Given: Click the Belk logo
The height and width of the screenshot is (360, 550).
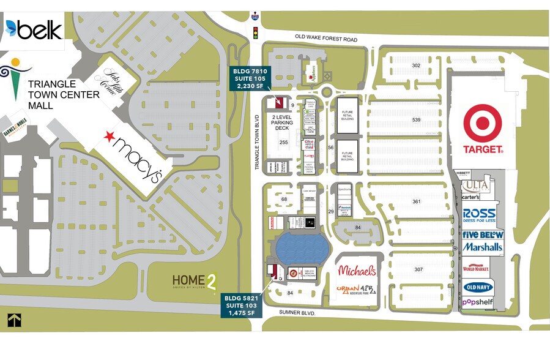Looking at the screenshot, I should (33, 29).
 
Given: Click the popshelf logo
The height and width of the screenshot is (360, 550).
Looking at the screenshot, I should (478, 302).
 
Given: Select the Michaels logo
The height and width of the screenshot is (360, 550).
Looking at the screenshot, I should (357, 270).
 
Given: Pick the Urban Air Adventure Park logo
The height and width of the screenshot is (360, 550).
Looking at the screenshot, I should (357, 290).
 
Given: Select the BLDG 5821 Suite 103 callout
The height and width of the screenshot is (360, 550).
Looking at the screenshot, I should (242, 305).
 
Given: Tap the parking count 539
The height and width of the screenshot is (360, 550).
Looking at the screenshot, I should (417, 119).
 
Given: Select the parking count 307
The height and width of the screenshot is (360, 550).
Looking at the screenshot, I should (418, 269).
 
